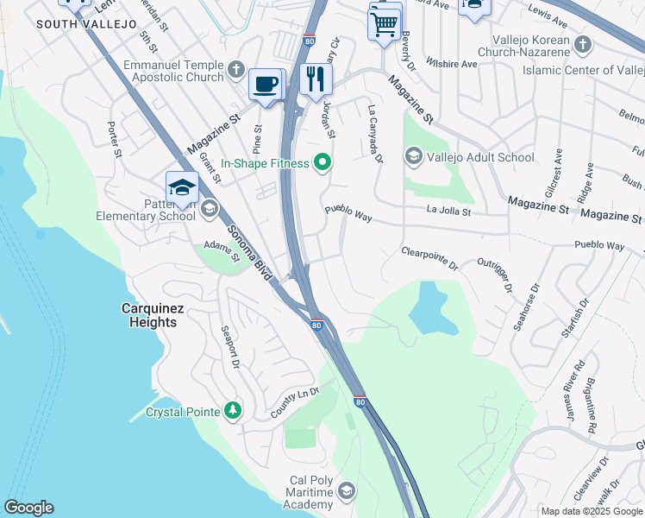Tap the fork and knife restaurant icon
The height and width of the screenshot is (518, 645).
click(x=316, y=79)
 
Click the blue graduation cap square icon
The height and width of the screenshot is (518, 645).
click(x=182, y=187)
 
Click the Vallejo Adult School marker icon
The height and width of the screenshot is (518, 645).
click(x=413, y=156)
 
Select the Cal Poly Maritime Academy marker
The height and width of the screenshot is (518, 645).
click(x=346, y=491)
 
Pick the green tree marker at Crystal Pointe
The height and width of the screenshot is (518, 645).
click(x=232, y=411)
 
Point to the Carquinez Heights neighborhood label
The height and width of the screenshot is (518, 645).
click(x=148, y=315)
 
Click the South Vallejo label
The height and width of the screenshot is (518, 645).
click(x=86, y=24)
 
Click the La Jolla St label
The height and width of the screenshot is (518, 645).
click(x=448, y=210)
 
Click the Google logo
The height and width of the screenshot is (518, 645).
click(x=28, y=508)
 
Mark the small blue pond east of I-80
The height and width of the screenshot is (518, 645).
click(x=429, y=309)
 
